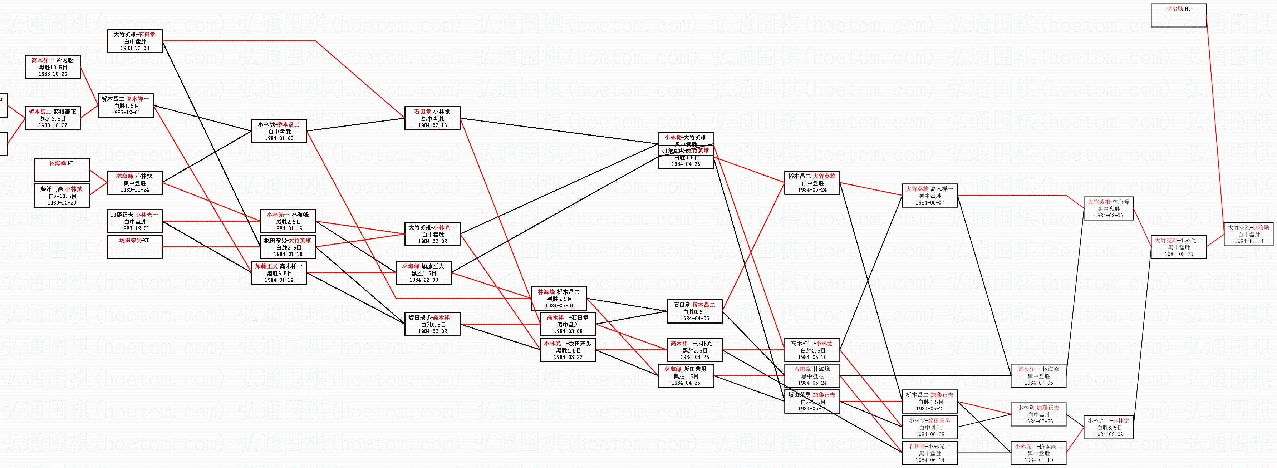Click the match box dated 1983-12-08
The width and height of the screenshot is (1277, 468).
(134, 41)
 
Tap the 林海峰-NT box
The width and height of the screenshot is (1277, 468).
(62, 169)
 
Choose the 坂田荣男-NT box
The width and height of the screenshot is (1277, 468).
(134, 247)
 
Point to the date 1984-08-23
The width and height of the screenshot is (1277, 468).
(1178, 254)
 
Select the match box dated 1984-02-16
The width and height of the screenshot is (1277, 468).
(432, 118)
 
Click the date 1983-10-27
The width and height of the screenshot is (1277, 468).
(53, 126)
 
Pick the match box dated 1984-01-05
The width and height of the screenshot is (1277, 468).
(279, 131)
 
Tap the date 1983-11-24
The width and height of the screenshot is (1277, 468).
(134, 190)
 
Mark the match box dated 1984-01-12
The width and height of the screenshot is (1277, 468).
(279, 273)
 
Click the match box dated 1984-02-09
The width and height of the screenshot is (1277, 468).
(423, 273)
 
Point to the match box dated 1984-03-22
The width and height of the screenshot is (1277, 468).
(568, 350)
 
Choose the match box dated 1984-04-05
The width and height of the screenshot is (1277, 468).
(694, 311)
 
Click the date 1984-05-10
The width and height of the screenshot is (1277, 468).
(812, 357)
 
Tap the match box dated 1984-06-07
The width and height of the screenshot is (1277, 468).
(929, 195)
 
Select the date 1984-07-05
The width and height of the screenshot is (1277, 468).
(1038, 383)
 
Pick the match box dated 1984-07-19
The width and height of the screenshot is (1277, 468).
(1038, 453)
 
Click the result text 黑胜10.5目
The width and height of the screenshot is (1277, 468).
(53, 67)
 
